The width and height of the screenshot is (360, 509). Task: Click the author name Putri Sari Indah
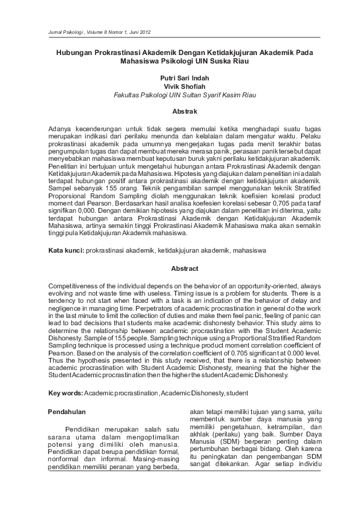pos(180,78)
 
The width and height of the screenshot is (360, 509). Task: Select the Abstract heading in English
pos(180,268)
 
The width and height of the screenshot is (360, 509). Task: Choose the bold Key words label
pos(65,394)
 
